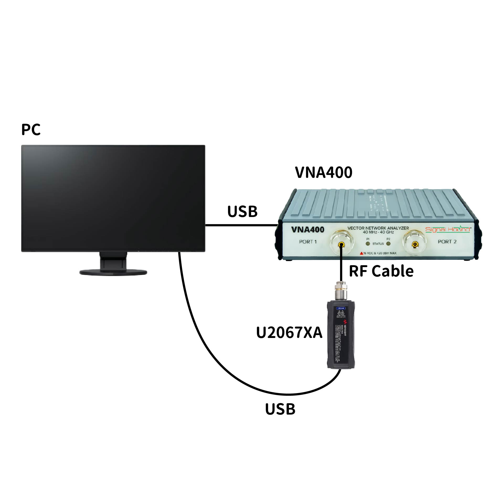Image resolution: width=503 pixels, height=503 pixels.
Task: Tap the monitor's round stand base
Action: point(113,272)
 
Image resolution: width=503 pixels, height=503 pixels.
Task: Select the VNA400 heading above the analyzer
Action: point(324,172)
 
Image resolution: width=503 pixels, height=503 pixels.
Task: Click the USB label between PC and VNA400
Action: point(242,211)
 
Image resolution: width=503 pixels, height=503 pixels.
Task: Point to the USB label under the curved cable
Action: point(280,409)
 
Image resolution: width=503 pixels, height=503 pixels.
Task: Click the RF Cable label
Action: point(381,271)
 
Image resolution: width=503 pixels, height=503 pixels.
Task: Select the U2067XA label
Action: point(289,332)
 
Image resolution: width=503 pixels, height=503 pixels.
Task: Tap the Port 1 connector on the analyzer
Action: point(341,245)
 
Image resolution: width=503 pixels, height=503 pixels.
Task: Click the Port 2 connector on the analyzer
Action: point(415,245)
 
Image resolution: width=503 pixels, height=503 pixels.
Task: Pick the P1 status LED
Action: point(368,244)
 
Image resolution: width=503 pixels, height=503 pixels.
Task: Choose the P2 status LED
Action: point(388,244)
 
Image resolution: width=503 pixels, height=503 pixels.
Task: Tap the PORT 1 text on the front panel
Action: point(308,242)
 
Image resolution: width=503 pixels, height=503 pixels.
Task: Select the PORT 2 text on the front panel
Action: point(447,242)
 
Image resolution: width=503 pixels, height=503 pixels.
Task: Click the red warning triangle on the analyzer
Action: point(361,253)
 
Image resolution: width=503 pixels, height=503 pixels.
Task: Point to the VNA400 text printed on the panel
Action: point(308,230)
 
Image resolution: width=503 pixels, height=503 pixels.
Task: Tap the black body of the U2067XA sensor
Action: point(341,338)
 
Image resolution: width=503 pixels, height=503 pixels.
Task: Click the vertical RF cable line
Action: point(341,268)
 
